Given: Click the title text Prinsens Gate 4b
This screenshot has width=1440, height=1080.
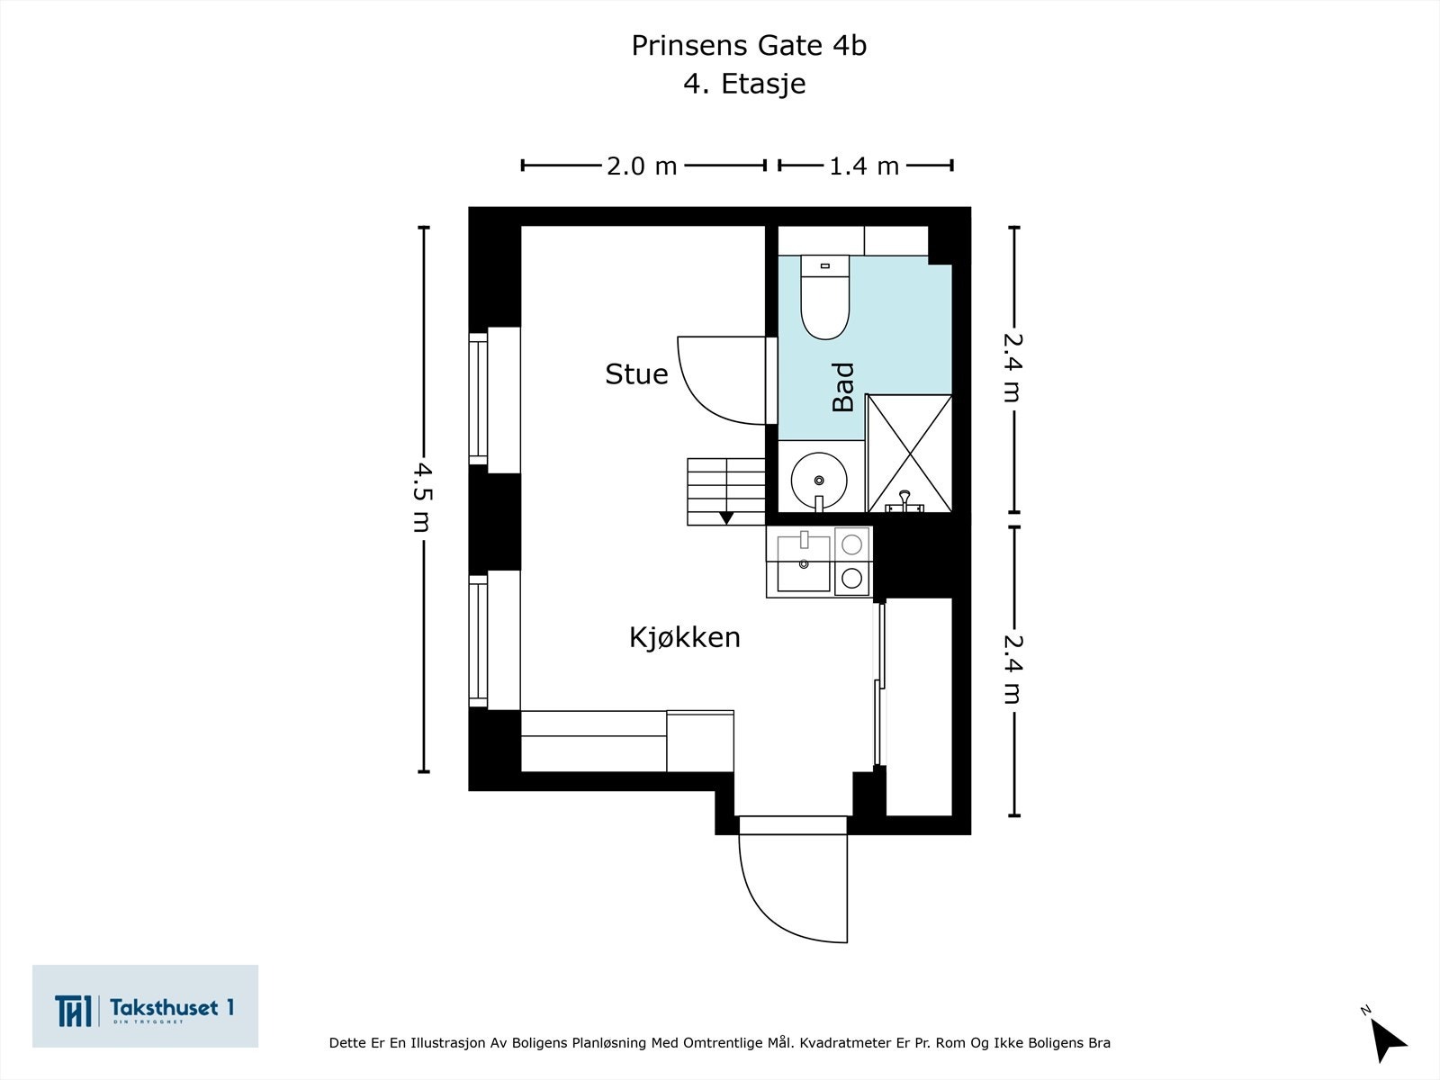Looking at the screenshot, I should coord(748,46).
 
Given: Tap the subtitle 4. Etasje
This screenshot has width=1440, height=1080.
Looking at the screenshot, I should coord(744,84).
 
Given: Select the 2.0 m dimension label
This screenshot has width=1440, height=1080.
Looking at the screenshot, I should coord(641,166).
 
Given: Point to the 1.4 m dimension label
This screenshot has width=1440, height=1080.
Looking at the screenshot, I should coord(864,166).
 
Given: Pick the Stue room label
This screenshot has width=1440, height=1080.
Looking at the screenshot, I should coord(636,374).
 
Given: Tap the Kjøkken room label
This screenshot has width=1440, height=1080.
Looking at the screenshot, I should coord(684,637).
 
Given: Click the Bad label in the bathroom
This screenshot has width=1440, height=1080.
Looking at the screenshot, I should coord(843,387).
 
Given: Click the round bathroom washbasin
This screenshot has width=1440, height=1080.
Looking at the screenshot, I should coord(818,480).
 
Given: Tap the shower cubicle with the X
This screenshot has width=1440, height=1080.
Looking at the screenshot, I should coord(909,453).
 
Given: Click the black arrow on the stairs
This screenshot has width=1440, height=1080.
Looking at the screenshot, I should coord(726,517).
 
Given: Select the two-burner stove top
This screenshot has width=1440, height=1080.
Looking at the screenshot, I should coord(851,561).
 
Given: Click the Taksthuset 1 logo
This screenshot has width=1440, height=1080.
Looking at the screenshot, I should coord(145,1006).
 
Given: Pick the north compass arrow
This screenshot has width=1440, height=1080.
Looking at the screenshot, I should coord(1390,1039).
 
